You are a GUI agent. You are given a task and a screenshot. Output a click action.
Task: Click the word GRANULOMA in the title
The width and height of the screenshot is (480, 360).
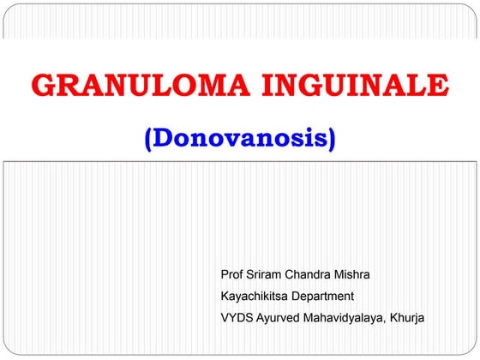click(134, 86)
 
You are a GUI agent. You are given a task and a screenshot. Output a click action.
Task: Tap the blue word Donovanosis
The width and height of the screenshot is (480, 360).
click(240, 138)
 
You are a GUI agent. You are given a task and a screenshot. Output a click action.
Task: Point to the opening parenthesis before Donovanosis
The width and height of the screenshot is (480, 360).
click(150, 139)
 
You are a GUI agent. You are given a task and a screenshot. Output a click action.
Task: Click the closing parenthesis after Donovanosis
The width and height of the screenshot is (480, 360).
click(331, 139)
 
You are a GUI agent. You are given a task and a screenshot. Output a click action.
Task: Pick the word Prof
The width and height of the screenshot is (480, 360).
click(231, 275)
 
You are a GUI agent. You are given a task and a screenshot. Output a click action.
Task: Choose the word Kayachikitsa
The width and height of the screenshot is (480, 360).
click(255, 297)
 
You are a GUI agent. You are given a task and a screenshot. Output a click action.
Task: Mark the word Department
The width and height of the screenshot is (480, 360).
click(323, 297)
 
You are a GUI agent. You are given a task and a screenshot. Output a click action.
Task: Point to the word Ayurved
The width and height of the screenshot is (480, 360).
click(280, 318)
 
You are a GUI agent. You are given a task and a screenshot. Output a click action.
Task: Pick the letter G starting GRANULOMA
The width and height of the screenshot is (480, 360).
click(43, 86)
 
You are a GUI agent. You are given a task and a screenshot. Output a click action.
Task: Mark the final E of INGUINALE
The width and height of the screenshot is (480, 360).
click(437, 86)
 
